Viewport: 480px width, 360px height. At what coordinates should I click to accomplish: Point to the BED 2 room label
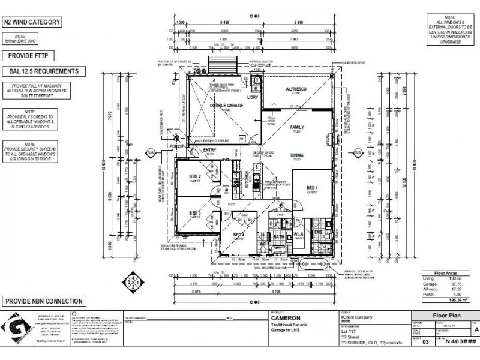194,176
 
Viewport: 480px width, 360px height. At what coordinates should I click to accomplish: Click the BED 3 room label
194,213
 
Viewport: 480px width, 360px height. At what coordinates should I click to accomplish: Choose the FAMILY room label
297,128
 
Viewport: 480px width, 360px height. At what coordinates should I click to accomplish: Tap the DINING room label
296,155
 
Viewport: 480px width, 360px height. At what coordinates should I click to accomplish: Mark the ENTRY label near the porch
210,150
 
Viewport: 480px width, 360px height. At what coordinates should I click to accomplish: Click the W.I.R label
298,235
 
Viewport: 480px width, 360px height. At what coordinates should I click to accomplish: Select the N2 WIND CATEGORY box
33,23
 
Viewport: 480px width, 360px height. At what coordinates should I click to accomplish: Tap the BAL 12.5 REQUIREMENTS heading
41,71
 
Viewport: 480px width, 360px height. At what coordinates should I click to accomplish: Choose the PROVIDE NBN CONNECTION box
43,301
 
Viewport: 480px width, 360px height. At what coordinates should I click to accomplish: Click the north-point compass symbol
133,281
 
